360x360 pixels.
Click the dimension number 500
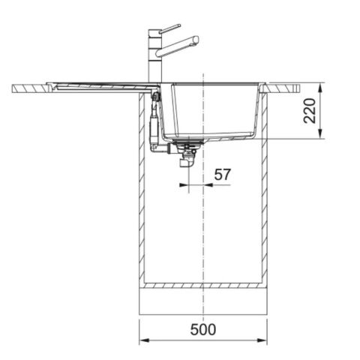203,329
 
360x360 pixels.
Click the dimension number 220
310,111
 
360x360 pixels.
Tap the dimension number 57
222,175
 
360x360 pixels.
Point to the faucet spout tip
196,40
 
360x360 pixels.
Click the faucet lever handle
170,28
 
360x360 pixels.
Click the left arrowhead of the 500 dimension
144,340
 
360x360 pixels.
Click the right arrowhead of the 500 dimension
262,340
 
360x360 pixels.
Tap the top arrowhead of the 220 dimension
321,88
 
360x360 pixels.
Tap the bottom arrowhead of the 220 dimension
321,133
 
